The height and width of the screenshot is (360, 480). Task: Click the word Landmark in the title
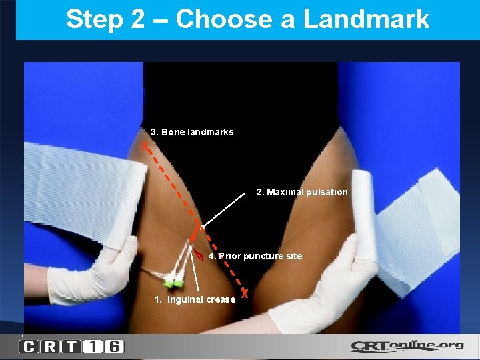pyautogui.click(x=366, y=20)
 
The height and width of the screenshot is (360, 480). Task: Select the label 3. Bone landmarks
pyautogui.click(x=192, y=132)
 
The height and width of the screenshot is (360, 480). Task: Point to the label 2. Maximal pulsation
pyautogui.click(x=302, y=192)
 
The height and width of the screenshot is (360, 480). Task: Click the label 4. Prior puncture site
pyautogui.click(x=255, y=256)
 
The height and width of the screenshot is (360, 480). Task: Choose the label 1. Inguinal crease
pyautogui.click(x=195, y=299)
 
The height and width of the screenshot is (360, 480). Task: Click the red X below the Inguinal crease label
pyautogui.click(x=245, y=293)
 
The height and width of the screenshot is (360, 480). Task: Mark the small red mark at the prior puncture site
pyautogui.click(x=198, y=255)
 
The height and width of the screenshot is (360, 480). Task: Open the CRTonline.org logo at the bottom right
pyautogui.click(x=407, y=347)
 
